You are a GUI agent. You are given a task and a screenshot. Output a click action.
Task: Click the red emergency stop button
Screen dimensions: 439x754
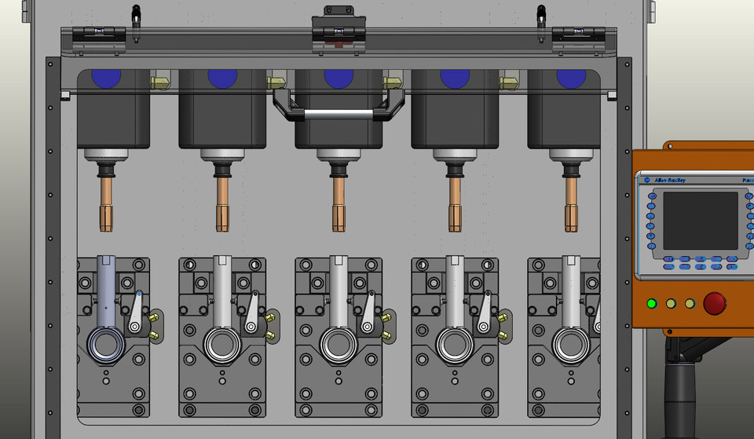(x=715, y=303)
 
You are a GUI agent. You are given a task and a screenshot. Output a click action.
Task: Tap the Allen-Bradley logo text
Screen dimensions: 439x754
(x=671, y=180)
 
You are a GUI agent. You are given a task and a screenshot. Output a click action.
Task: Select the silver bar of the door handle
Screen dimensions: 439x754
(x=339, y=114)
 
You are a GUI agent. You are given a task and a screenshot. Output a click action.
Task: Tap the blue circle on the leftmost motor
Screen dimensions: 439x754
(x=106, y=78)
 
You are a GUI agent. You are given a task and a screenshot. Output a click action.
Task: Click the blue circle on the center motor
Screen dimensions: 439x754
(x=339, y=78)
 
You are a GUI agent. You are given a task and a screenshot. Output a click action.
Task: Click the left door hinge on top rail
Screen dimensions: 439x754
(x=99, y=35)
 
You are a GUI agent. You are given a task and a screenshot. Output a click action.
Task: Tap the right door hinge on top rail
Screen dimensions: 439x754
(x=578, y=35)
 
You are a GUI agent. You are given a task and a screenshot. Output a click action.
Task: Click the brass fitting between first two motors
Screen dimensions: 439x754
(x=161, y=81)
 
